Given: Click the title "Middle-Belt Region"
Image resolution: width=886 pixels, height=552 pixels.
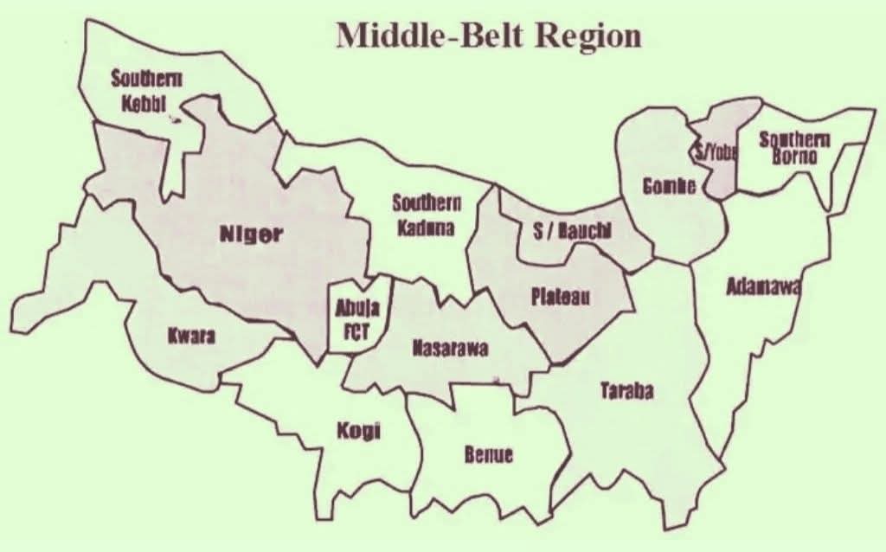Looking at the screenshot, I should tap(489, 35).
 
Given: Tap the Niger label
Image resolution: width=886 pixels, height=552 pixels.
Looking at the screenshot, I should tap(250, 234).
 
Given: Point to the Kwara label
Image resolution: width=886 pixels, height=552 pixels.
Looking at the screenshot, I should tap(191, 336).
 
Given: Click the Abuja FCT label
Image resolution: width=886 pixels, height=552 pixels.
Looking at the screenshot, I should tap(352, 316).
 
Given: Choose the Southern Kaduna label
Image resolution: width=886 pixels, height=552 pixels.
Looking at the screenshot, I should tap(426, 215).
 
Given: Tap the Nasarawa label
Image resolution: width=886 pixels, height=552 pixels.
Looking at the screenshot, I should tap(450, 349).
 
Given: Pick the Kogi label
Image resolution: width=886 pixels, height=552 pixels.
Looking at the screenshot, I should tap(358, 432).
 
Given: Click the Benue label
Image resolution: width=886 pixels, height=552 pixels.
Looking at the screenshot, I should tap(489, 454).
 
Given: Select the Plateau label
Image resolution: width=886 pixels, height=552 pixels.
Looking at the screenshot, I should tap(561, 297).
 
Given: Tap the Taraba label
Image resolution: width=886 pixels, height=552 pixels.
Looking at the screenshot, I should tap(627, 391).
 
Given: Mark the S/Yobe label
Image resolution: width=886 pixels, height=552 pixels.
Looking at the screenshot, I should tap(715, 152).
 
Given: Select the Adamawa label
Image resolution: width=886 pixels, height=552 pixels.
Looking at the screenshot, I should tap(761, 286).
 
